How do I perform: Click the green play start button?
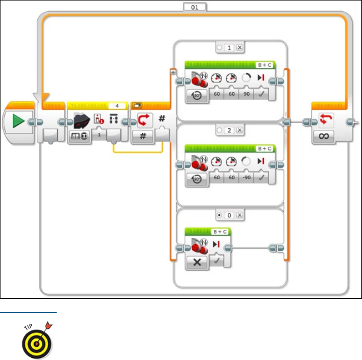pos(17,122)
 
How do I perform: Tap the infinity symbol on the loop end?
pos(325,136)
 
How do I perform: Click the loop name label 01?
pos(194,7)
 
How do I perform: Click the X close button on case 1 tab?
pos(239,48)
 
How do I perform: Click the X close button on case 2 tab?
pos(239,130)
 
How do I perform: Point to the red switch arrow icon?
pos(143,121)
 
